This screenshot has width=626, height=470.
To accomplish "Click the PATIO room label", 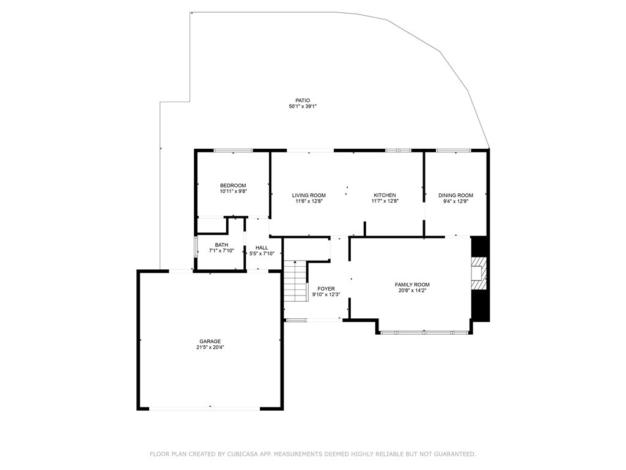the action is click(303, 100).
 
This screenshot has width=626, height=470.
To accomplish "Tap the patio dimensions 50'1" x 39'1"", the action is click(303, 106).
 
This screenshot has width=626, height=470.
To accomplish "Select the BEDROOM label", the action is click(233, 185).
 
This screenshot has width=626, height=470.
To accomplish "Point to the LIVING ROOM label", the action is click(309, 195).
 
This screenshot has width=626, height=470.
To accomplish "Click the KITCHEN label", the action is click(385, 195).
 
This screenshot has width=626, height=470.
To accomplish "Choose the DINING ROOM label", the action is click(456, 195).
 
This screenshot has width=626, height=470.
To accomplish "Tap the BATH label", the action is click(221, 245).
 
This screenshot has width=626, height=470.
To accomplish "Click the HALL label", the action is click(262, 248).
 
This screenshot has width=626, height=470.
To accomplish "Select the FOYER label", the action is click(326, 289).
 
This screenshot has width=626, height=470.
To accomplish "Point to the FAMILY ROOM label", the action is click(413, 285).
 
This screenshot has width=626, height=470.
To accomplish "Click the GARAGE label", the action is click(210, 341).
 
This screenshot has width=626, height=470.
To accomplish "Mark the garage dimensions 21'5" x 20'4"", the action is click(210, 348).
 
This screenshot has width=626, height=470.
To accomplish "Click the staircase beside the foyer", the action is click(295, 282).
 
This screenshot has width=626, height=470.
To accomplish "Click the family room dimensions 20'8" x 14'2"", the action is click(413, 291).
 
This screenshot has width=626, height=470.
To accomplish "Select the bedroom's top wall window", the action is click(233, 151).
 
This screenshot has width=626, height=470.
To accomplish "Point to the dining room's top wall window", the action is click(454, 151).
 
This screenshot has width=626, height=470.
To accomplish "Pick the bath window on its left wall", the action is click(196, 248).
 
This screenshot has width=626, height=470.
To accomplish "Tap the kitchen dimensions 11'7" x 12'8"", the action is click(385, 201).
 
